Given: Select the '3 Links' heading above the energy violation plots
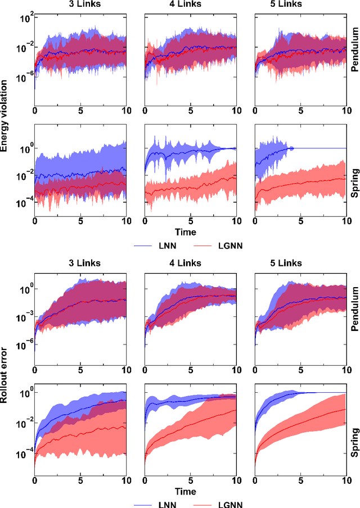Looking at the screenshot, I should (x=80, y=4).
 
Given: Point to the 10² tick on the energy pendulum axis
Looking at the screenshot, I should (x=24, y=17).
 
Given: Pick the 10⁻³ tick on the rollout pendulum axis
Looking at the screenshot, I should (x=24, y=317).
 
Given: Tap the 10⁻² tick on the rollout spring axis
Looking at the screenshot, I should (x=24, y=422).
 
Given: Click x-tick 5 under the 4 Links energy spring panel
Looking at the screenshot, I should (x=191, y=221).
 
